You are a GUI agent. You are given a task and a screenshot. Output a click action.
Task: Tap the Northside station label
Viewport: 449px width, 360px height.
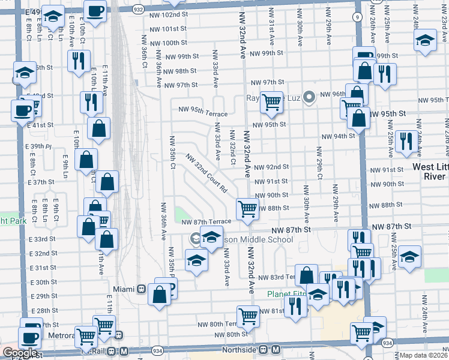click(246, 349)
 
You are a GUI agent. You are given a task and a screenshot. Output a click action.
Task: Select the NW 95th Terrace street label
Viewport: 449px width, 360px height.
click(203, 113)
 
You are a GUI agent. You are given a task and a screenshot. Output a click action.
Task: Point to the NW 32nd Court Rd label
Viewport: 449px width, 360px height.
click(206, 173)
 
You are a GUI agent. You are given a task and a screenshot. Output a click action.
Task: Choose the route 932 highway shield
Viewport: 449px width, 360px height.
click(137, 10)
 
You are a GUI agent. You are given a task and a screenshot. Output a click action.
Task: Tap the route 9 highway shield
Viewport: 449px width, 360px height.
click(358, 17)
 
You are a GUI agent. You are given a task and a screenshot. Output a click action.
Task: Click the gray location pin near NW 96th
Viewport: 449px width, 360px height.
click(310, 96)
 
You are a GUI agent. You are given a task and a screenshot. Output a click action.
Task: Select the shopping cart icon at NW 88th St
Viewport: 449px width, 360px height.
click(247, 208)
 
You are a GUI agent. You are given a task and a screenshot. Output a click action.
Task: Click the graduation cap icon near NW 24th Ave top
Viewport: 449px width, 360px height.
click(425, 41)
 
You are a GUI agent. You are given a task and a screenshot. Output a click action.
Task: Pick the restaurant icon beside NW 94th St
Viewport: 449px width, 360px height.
click(406, 141)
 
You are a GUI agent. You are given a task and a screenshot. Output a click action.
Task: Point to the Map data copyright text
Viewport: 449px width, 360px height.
click(424, 355)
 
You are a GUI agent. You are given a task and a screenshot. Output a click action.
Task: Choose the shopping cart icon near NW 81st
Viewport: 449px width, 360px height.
click(248, 315)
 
